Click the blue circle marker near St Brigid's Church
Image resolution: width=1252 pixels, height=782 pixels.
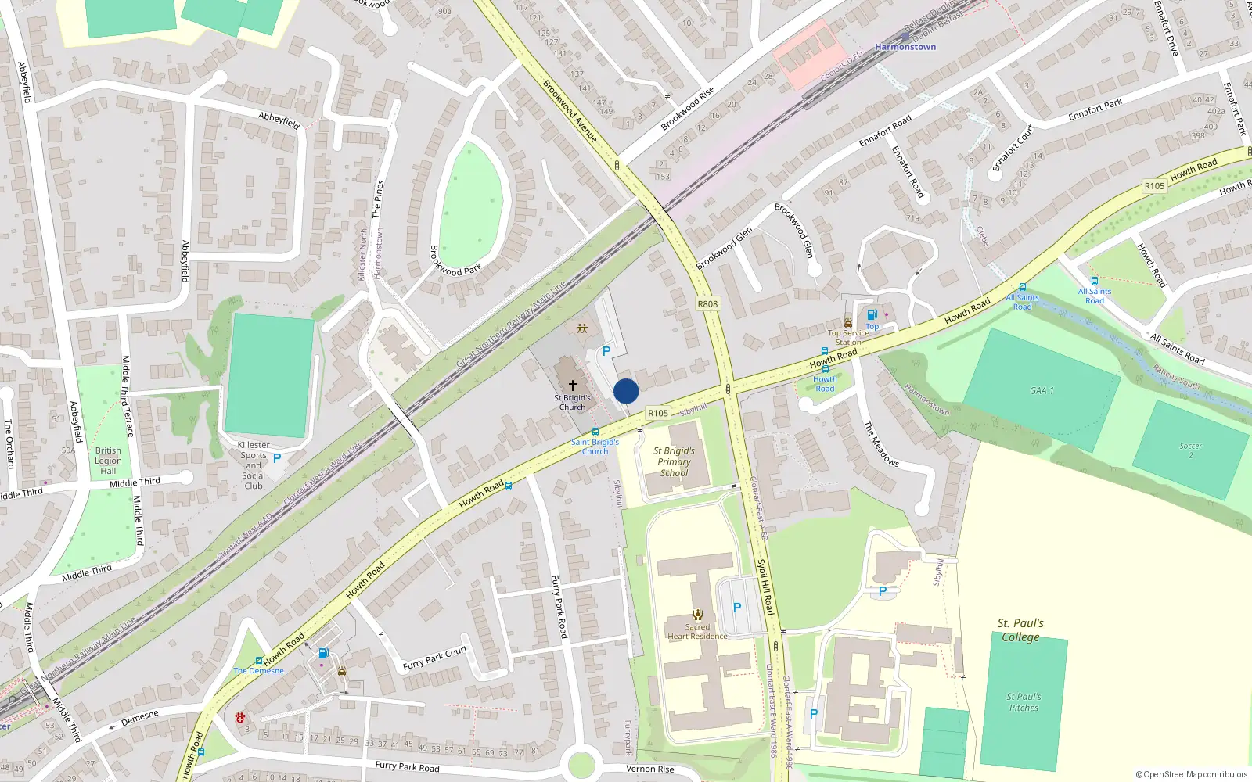(x=626, y=391)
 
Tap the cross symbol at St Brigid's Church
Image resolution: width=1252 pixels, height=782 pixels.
(x=573, y=386)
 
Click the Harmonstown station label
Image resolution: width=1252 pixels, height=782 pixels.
(x=905, y=47)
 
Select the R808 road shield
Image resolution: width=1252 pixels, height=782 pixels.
(x=707, y=304)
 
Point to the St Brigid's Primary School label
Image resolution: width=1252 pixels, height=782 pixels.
(x=675, y=461)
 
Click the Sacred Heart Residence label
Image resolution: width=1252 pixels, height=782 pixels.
(x=697, y=632)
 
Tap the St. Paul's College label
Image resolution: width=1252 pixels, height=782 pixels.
(x=1020, y=630)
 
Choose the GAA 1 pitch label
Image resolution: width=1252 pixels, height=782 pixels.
(x=1042, y=390)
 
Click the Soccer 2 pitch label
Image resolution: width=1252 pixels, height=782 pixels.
(x=1190, y=450)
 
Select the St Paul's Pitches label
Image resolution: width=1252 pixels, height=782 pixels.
(x=1024, y=702)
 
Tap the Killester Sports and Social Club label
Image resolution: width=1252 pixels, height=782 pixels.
(x=254, y=465)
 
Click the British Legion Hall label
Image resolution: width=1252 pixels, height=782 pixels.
(x=108, y=461)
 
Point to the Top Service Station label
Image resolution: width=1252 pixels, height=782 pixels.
(x=849, y=337)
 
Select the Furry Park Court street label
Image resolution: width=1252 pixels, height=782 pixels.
(x=434, y=658)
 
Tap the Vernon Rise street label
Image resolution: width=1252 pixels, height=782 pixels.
(x=649, y=769)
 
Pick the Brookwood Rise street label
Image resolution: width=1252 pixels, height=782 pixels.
(x=687, y=109)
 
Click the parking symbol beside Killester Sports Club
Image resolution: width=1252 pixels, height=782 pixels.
(x=277, y=458)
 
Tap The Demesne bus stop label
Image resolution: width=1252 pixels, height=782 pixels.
(x=258, y=671)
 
